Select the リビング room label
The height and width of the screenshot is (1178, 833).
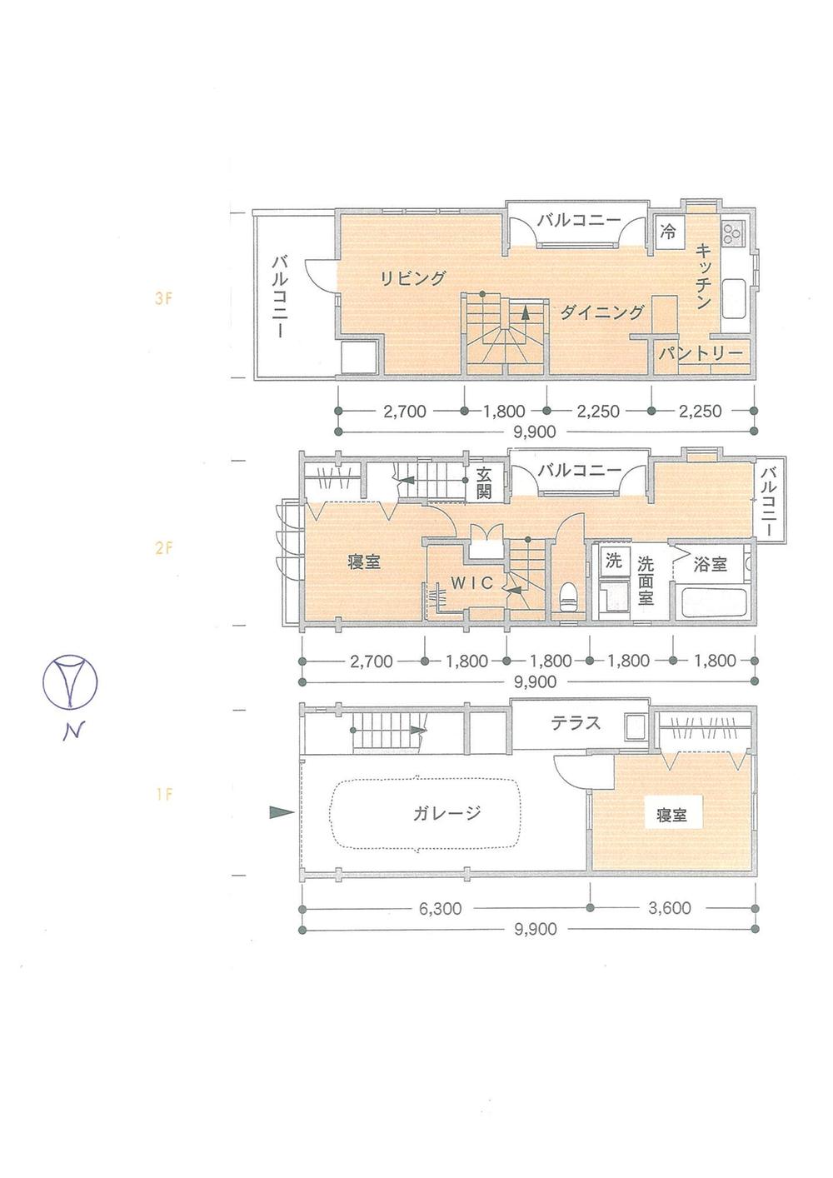tap(413, 278)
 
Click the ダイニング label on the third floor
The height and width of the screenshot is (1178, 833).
tap(601, 312)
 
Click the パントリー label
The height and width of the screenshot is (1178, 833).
tap(701, 354)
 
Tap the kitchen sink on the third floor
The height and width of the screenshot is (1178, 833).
tap(736, 297)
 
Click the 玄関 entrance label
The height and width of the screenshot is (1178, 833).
tap(484, 483)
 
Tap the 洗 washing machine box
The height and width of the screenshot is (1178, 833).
tap(613, 561)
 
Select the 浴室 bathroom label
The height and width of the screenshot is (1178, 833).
tap(710, 564)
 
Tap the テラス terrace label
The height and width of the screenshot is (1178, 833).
tap(575, 722)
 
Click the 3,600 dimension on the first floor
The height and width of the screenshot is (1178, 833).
tap(669, 908)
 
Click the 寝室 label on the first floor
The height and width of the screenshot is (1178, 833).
tap(671, 816)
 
